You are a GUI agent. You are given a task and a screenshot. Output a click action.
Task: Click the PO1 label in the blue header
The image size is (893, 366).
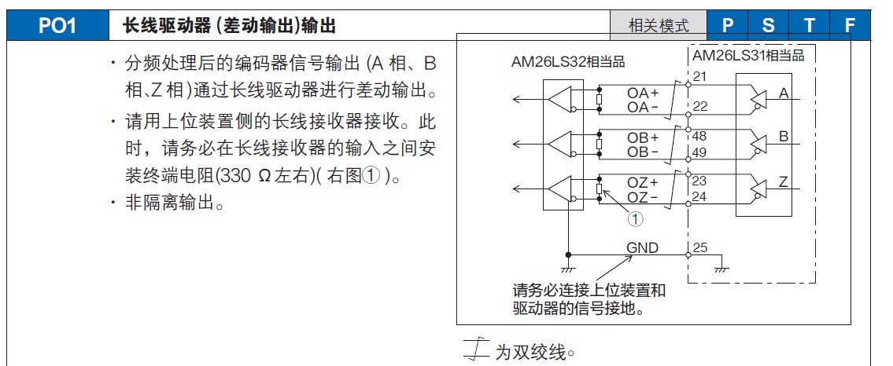(x=57, y=26)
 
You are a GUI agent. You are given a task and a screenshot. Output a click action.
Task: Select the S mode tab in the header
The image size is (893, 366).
(x=768, y=25)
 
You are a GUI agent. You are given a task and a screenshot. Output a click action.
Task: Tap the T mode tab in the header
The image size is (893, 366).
(x=810, y=25)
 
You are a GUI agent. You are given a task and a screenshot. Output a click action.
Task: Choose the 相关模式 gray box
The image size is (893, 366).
(x=659, y=25)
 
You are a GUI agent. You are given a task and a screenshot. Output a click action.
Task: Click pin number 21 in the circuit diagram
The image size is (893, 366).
(x=700, y=76)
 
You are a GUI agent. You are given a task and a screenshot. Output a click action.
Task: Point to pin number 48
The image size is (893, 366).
(x=700, y=135)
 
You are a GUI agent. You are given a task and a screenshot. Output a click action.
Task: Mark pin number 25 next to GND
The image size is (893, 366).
(x=700, y=248)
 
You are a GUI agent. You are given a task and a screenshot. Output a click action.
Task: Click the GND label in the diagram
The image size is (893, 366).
(x=642, y=248)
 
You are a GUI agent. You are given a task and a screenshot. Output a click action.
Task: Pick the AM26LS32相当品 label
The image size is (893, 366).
(x=568, y=62)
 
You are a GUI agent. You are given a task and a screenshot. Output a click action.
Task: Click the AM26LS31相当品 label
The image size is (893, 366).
(x=748, y=55)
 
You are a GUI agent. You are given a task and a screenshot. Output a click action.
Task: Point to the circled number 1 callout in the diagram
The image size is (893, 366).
(x=635, y=220)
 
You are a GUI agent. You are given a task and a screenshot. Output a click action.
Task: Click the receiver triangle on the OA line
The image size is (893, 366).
(x=561, y=99)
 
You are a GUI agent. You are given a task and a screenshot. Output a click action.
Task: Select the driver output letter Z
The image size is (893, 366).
(x=783, y=182)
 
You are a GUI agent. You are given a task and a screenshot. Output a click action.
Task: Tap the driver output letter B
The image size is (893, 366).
(x=783, y=137)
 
